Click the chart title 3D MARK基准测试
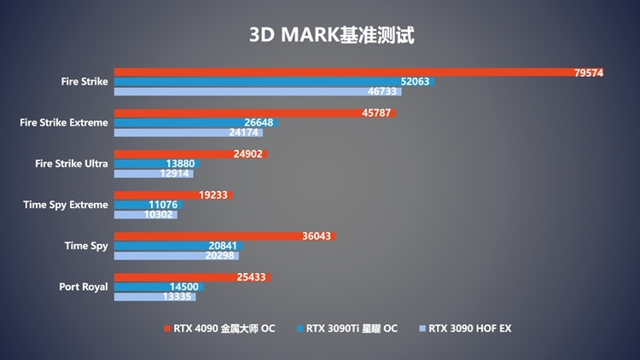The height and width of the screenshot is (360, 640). (332, 36)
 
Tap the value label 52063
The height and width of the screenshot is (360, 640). (416, 82)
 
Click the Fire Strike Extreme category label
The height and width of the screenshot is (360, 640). (64, 123)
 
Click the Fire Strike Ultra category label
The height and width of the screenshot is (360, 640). (72, 164)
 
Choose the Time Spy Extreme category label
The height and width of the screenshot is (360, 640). (66, 205)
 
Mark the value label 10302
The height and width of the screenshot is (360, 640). (159, 214)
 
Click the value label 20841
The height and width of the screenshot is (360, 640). (223, 246)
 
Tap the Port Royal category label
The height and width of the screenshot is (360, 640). (84, 287)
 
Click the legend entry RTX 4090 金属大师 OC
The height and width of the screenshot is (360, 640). (219, 328)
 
